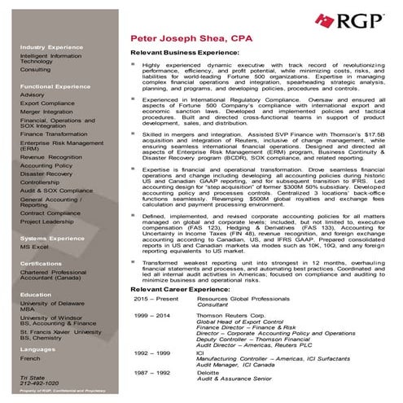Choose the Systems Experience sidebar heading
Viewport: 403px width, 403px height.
tap(46, 239)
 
